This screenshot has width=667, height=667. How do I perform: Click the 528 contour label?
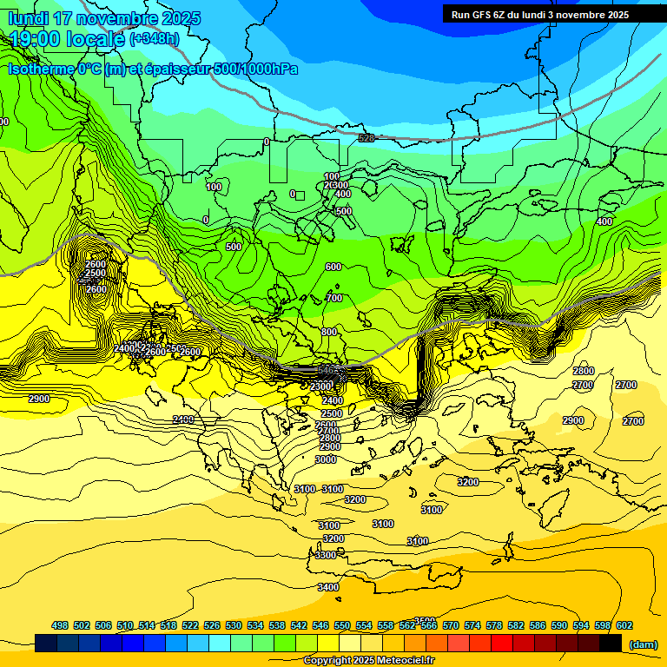[x=367, y=138]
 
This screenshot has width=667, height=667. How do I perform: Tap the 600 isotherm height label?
[x=333, y=267]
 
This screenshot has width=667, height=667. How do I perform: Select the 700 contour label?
[x=333, y=298]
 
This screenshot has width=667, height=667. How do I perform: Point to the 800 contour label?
[x=329, y=332]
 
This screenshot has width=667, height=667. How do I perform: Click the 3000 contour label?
[x=326, y=459]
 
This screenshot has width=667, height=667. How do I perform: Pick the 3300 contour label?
[x=326, y=555]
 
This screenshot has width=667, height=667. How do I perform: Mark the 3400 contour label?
[x=328, y=587]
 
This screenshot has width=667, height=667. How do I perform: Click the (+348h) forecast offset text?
[x=155, y=39]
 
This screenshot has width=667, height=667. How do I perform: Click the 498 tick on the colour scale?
[x=60, y=625]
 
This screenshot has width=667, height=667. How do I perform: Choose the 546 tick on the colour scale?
[x=320, y=625]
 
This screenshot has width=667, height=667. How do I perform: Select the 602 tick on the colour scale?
[x=624, y=625]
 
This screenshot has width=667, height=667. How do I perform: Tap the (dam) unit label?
[x=644, y=644]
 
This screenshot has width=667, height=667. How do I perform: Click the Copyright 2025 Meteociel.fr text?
[x=368, y=661]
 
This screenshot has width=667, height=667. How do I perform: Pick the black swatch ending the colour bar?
[x=611, y=644]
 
